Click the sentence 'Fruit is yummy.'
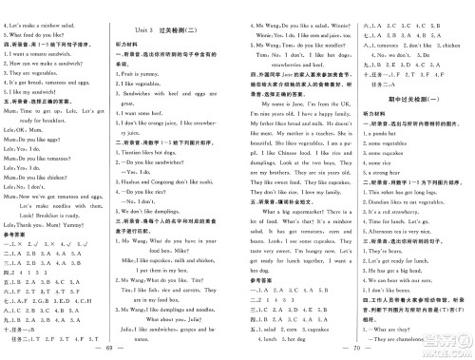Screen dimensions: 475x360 pos(151,72)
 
